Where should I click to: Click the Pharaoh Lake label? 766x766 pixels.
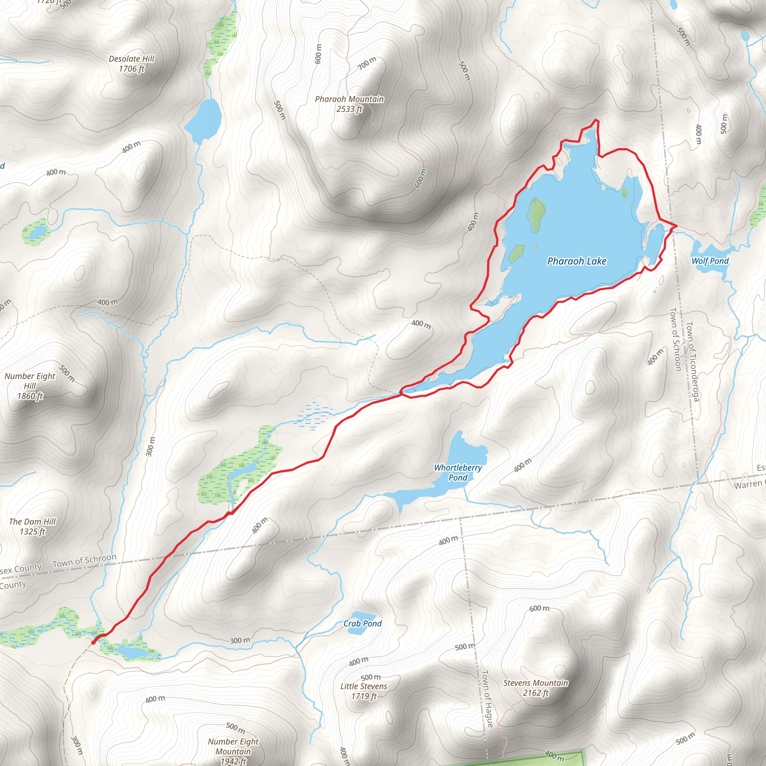(x=576, y=261)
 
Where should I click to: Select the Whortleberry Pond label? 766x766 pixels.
(x=458, y=472)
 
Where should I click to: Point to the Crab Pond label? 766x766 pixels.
(x=362, y=623)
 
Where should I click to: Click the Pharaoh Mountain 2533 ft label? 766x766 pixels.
(x=349, y=104)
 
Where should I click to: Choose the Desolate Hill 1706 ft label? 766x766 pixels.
(x=132, y=64)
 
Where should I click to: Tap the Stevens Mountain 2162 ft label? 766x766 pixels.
(x=536, y=687)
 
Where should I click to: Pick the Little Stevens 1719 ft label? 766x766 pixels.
(x=364, y=691)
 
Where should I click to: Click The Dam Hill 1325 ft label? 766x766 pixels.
(x=33, y=527)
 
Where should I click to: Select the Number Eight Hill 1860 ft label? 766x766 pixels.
(x=30, y=386)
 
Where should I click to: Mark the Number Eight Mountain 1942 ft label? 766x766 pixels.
(x=233, y=751)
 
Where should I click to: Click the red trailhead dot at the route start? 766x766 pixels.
(x=94, y=642)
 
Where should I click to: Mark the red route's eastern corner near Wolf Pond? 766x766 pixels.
(x=676, y=226)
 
